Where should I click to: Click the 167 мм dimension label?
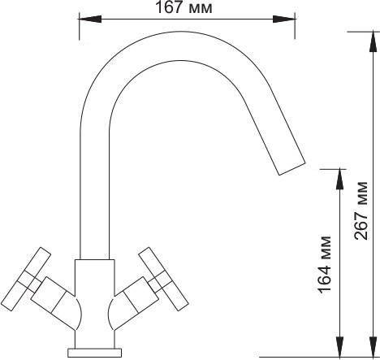click(x=184, y=7)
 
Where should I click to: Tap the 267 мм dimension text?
click(x=361, y=210)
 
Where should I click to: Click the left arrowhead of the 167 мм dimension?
click(x=90, y=20)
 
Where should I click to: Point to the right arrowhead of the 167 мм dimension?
click(x=284, y=20)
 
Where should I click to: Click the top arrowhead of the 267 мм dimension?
click(x=374, y=41)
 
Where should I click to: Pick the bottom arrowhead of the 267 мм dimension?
click(x=374, y=347)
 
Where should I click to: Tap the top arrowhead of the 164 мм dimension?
click(x=339, y=179)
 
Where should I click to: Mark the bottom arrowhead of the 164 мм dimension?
click(x=339, y=347)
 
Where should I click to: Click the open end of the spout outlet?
click(x=292, y=169)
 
